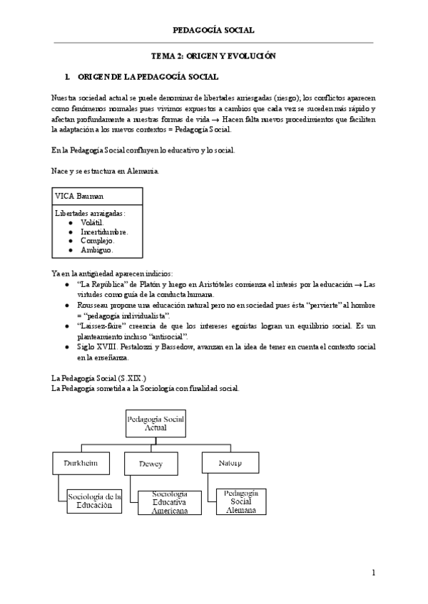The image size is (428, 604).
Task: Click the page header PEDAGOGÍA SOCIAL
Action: [213, 30]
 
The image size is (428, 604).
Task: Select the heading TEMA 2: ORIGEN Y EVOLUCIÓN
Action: [213, 56]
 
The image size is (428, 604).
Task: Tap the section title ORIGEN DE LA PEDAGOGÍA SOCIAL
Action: [147, 76]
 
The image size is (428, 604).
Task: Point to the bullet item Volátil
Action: [92, 222]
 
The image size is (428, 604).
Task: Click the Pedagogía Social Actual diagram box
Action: [156, 425]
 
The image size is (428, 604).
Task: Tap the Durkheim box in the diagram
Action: [80, 464]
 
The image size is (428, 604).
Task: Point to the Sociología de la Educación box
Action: [94, 501]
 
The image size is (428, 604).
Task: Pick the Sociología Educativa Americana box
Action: [170, 502]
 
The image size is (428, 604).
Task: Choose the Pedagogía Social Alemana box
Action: [240, 501]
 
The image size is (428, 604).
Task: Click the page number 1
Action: [373, 573]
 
